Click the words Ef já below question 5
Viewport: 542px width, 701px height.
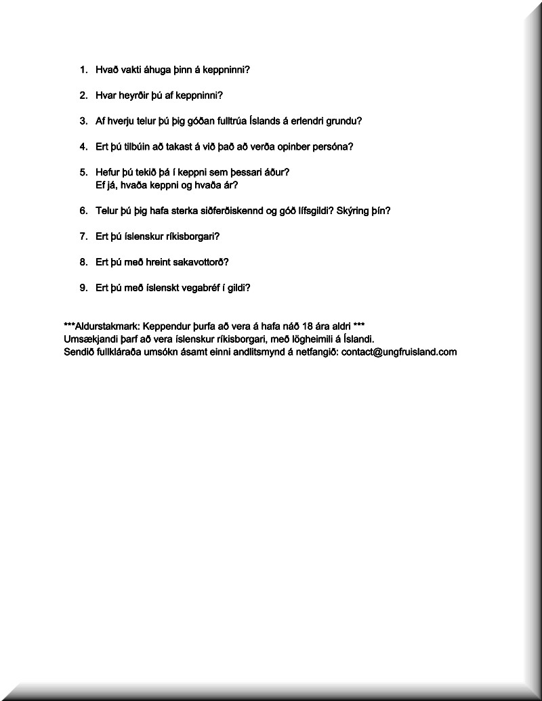pos(106,184)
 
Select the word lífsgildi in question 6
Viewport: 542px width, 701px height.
pos(311,211)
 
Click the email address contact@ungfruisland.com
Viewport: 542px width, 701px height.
pos(399,352)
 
